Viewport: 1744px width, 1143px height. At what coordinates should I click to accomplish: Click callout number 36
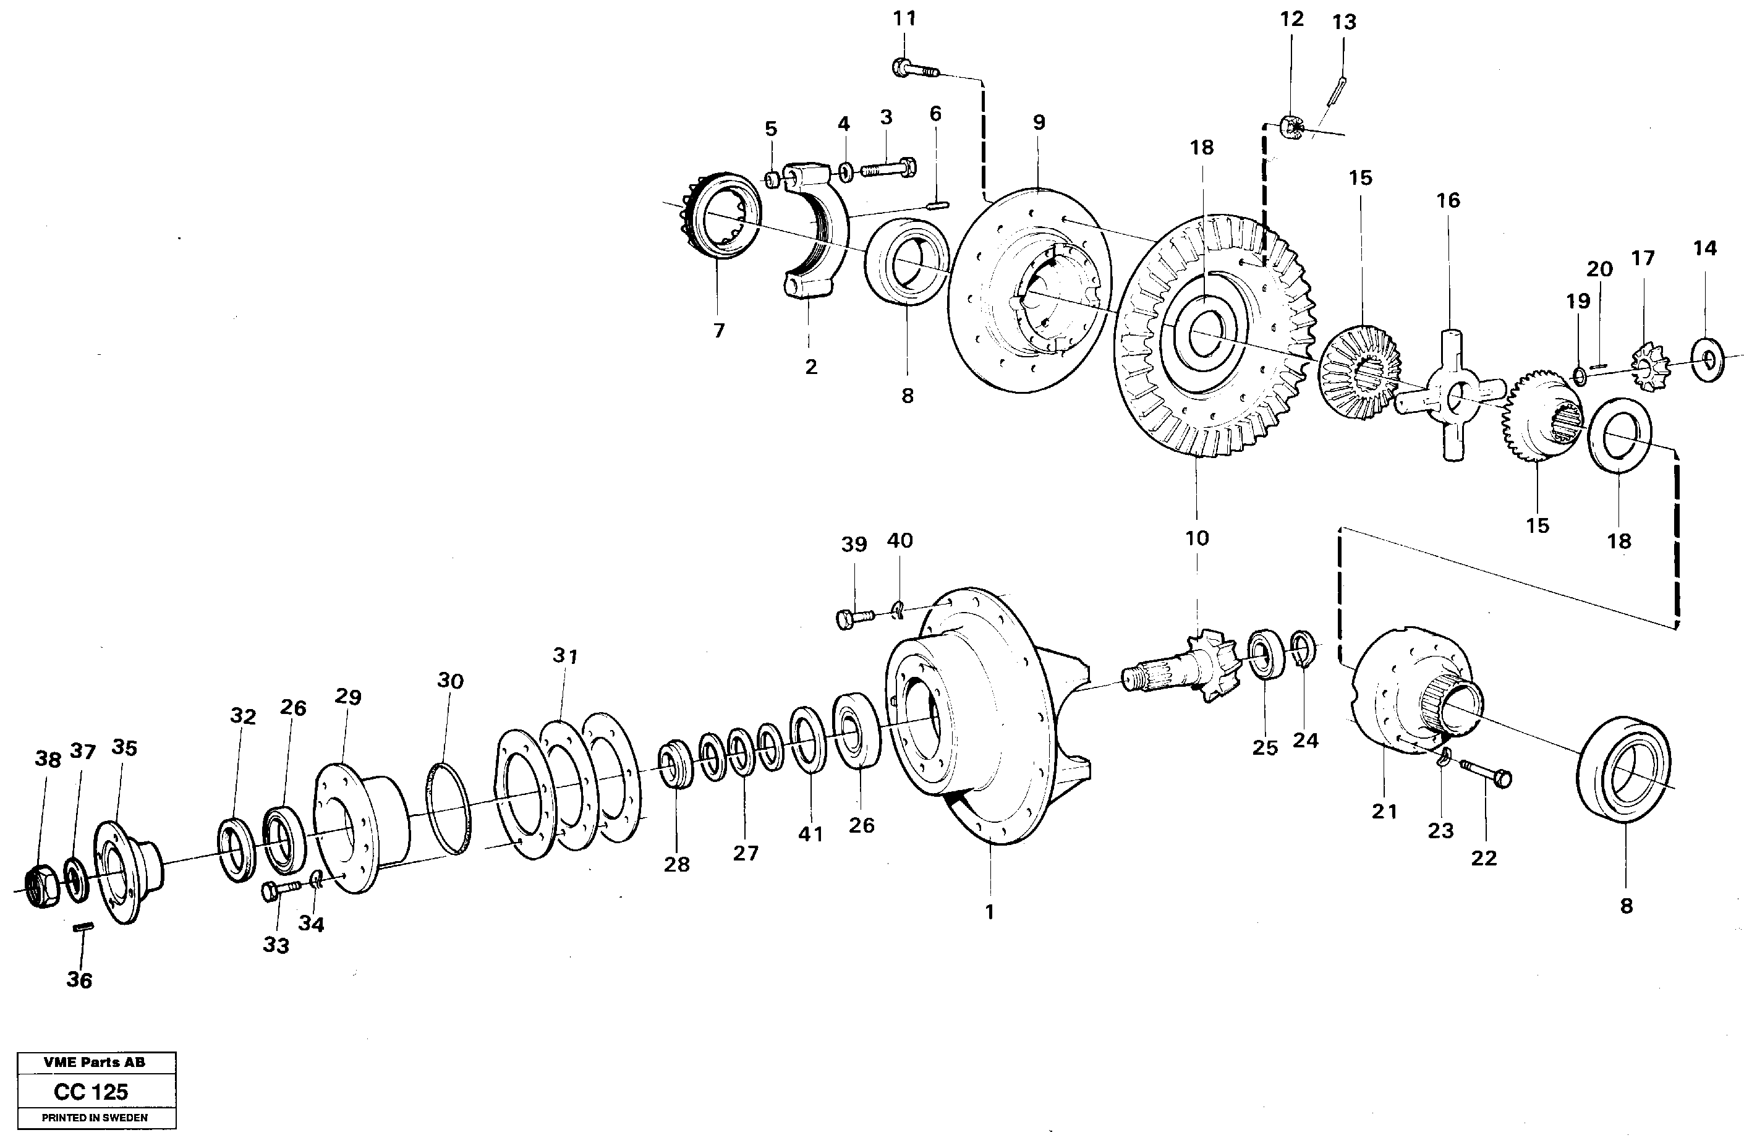[79, 980]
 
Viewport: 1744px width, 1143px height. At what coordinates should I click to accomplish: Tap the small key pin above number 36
[83, 928]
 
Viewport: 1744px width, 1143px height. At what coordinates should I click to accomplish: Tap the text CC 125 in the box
[91, 1092]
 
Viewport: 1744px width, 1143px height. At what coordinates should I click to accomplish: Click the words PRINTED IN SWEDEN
[95, 1118]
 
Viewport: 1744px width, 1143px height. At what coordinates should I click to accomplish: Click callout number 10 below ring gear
[1197, 538]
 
